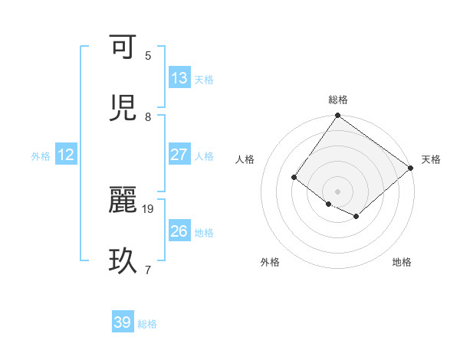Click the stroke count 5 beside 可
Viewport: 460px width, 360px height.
[x=148, y=56]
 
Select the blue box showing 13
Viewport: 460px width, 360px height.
[x=179, y=78]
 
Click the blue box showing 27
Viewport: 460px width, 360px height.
[x=179, y=155]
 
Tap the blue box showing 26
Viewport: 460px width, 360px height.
[x=179, y=231]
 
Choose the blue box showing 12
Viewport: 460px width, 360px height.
[x=65, y=155]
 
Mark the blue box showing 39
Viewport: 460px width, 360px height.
[x=122, y=322]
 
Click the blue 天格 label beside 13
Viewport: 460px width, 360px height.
[x=204, y=80]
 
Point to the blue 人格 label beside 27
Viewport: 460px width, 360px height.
[x=204, y=156]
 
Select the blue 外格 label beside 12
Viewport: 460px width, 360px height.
[x=41, y=156]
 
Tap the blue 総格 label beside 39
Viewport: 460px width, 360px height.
[x=147, y=324]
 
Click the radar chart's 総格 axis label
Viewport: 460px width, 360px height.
[x=337, y=100]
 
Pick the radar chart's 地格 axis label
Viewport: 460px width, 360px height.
[x=402, y=263]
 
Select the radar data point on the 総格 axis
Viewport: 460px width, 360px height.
[x=337, y=116]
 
